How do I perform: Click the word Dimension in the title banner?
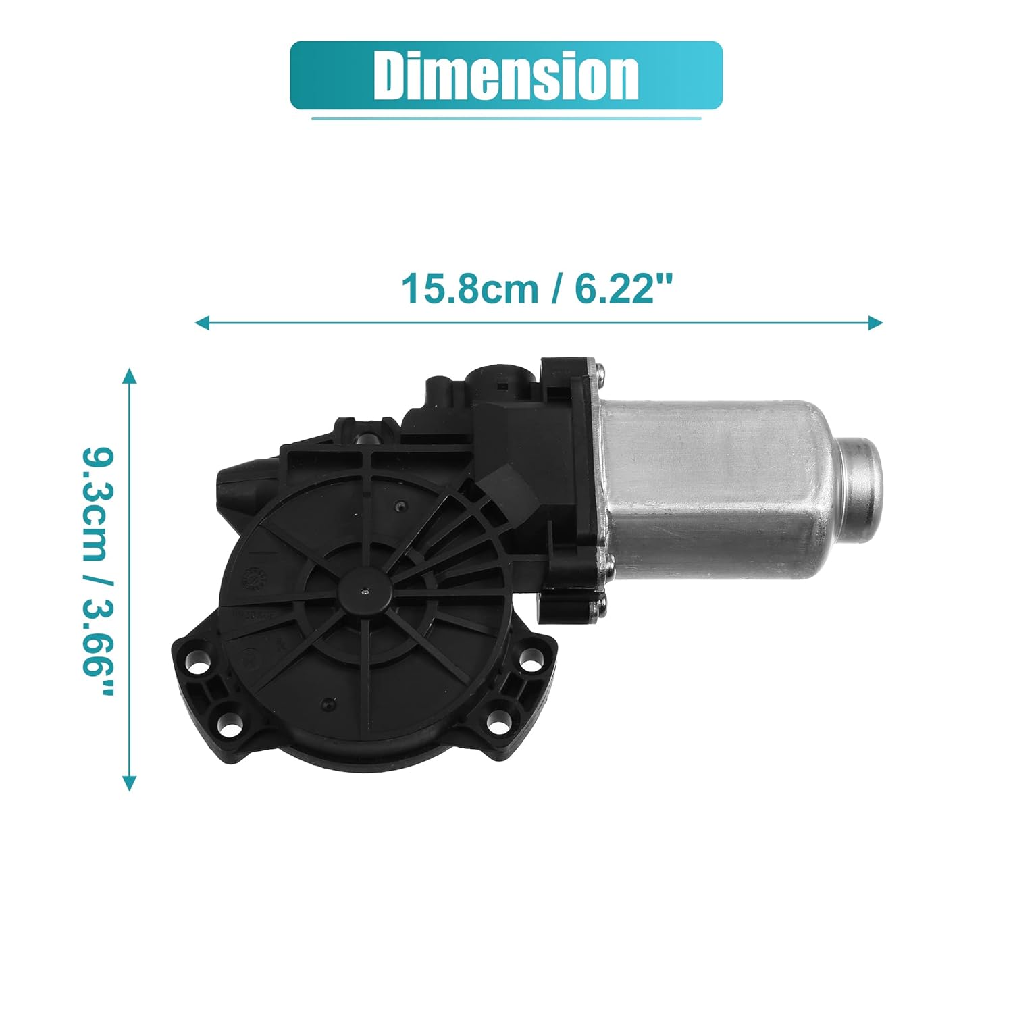(x=506, y=75)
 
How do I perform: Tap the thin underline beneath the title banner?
(x=506, y=119)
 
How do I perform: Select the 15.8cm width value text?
(x=469, y=289)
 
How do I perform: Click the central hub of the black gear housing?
(x=365, y=592)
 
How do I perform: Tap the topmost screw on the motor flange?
(x=600, y=369)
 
